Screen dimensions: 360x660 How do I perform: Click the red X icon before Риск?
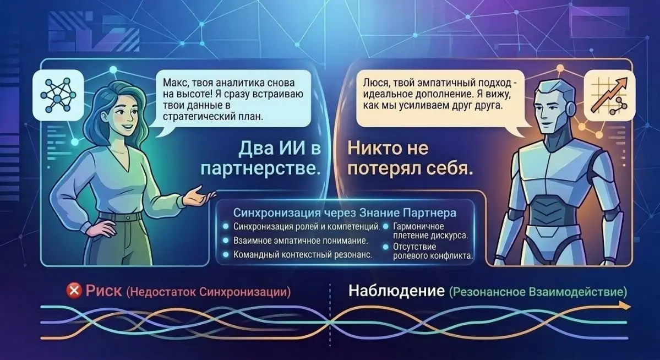click(73, 291)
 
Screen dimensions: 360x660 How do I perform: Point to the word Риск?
click(103, 291)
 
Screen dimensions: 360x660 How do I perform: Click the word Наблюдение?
click(396, 291)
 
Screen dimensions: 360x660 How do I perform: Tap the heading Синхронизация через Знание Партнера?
click(345, 213)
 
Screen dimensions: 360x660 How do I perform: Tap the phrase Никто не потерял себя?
click(410, 159)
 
